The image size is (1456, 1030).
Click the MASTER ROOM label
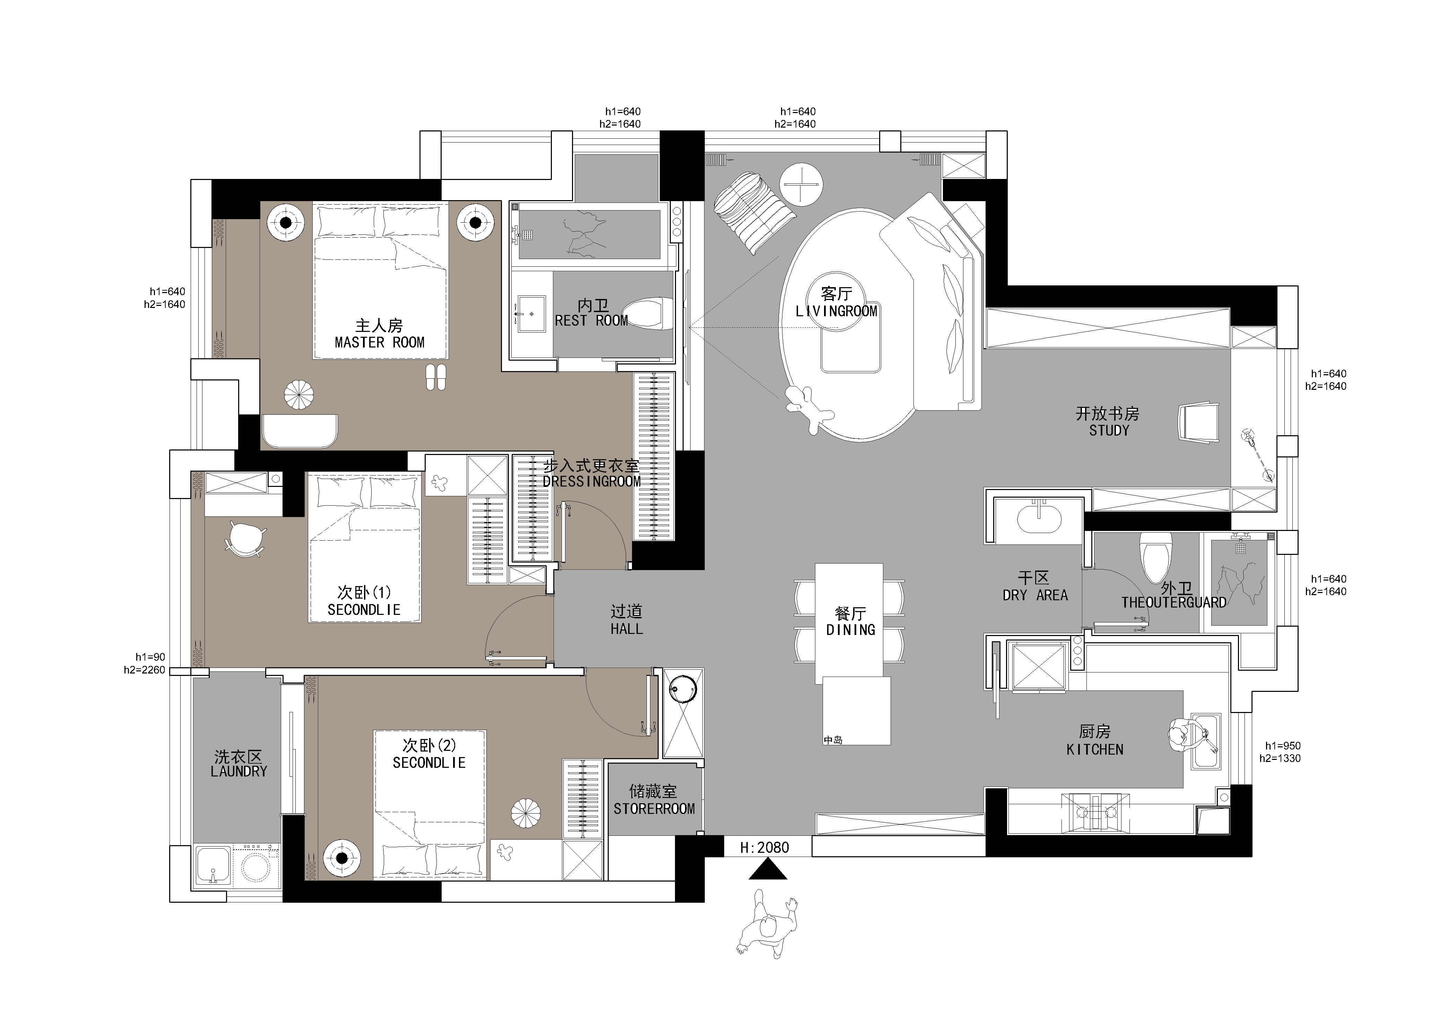point(379,343)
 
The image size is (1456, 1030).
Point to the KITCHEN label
point(1094,750)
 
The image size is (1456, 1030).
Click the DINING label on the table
point(850,630)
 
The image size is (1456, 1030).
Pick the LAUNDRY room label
point(239,771)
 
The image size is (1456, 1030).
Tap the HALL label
point(626,629)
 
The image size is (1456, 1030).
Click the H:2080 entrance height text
point(765,847)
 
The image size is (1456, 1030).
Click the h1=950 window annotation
point(1283,746)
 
